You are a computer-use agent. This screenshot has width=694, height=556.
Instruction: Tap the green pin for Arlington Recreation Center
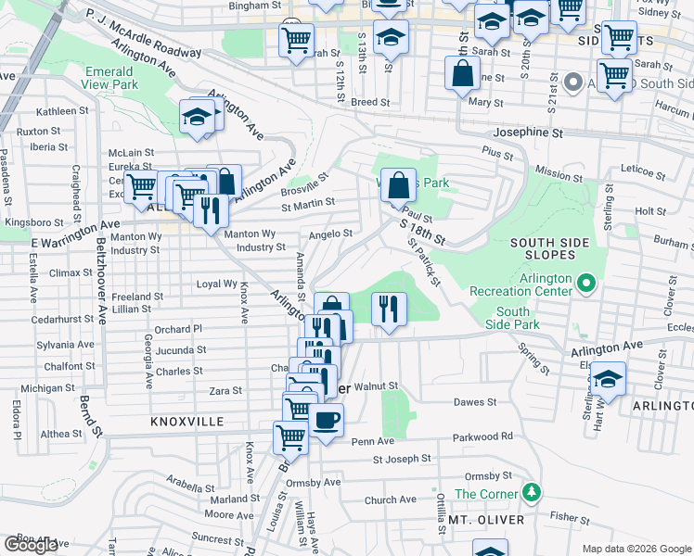pos(585,281)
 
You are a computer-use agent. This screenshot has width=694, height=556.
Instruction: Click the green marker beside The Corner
pos(531,491)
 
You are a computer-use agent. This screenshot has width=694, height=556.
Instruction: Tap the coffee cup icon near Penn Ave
pos(326,422)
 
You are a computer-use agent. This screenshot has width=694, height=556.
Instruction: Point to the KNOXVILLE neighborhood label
pos(187,421)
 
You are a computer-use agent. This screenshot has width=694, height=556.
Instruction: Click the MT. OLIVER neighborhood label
pos(486,520)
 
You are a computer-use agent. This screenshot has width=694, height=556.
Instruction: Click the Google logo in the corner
pos(31,545)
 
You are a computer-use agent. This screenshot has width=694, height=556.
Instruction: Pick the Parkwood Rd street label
pos(482,436)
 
